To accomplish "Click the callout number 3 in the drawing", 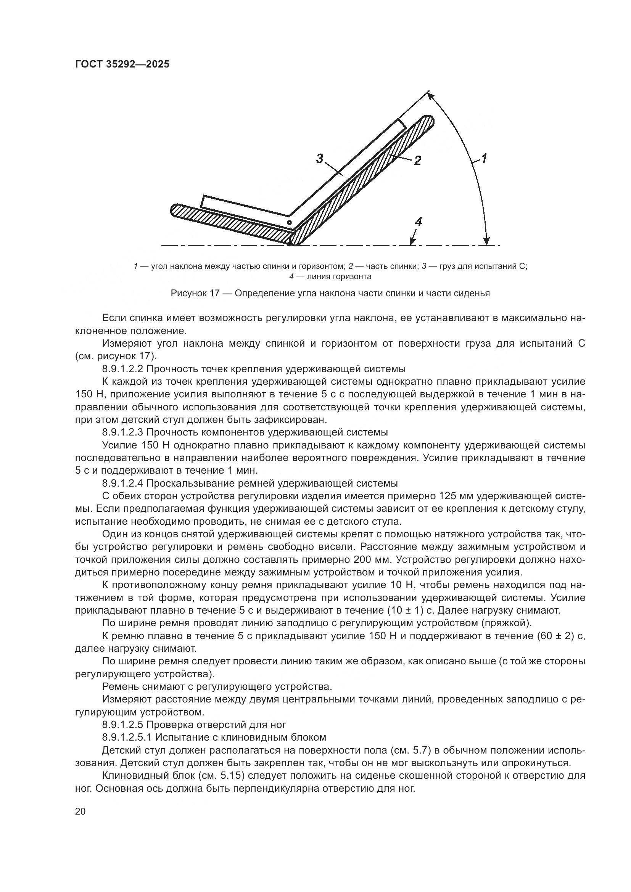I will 319,159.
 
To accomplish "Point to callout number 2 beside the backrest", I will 417,160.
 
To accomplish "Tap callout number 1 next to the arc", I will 484,159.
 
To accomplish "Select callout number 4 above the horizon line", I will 419,222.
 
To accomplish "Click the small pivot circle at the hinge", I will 289,222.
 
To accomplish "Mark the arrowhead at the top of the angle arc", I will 429,94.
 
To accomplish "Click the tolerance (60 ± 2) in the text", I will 555,636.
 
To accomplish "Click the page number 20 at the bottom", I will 80,812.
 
